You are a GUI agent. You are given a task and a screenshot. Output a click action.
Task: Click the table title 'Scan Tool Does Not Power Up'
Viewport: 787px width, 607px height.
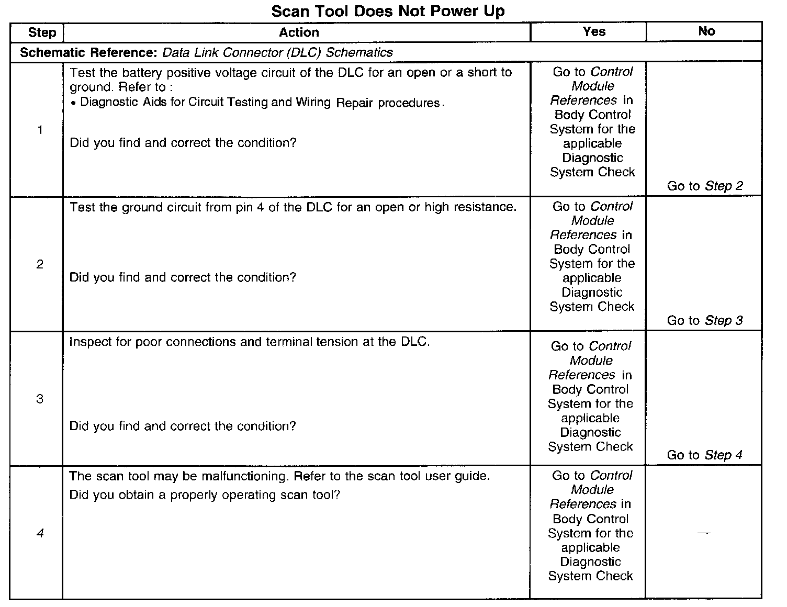pyautogui.click(x=388, y=11)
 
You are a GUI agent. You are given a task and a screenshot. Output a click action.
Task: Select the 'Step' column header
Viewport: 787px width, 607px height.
pyautogui.click(x=42, y=32)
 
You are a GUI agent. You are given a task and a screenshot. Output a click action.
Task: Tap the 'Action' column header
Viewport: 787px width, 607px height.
pyautogui.click(x=299, y=32)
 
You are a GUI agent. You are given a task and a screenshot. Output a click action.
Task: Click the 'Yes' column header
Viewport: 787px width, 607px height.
pyautogui.click(x=594, y=31)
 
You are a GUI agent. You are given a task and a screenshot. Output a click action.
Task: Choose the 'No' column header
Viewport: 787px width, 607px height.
pyautogui.click(x=706, y=31)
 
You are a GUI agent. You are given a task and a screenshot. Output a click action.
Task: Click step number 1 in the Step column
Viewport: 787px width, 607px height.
pyautogui.click(x=40, y=130)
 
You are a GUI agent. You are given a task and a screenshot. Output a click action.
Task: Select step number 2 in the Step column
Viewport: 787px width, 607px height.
pyautogui.click(x=40, y=264)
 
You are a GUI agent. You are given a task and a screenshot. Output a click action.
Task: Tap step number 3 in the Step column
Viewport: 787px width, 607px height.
pyautogui.click(x=40, y=399)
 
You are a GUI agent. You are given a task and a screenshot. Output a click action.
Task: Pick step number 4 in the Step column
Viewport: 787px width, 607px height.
pyautogui.click(x=40, y=533)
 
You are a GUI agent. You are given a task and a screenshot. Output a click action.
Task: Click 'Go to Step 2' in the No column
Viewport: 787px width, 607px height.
pyautogui.click(x=705, y=186)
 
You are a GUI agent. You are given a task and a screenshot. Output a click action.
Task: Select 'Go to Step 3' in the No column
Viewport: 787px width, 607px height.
pyautogui.click(x=705, y=320)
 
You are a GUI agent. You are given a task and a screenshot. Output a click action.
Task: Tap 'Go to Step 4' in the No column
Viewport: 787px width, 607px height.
pyautogui.click(x=704, y=455)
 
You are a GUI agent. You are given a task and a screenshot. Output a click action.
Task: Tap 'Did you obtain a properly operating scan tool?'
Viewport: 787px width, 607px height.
pyautogui.click(x=205, y=494)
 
